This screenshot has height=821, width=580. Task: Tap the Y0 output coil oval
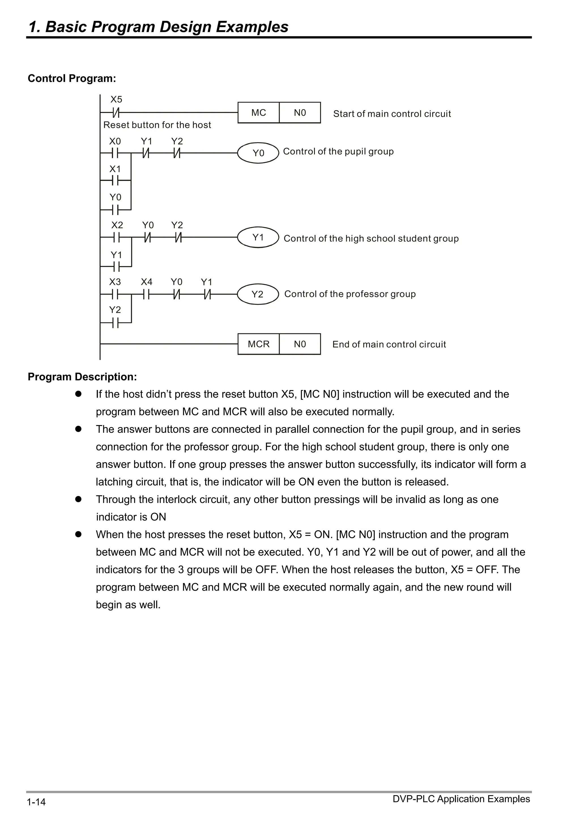(258, 153)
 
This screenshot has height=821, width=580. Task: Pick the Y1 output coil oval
(258, 237)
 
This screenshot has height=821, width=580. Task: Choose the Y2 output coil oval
(258, 294)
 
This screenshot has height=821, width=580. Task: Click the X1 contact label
(115, 169)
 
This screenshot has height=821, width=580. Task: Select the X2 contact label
(117, 225)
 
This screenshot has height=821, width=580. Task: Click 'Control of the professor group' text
(350, 294)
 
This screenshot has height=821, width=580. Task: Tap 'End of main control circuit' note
(389, 344)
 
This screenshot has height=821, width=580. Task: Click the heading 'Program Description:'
(82, 377)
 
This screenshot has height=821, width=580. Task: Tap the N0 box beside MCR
(300, 344)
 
